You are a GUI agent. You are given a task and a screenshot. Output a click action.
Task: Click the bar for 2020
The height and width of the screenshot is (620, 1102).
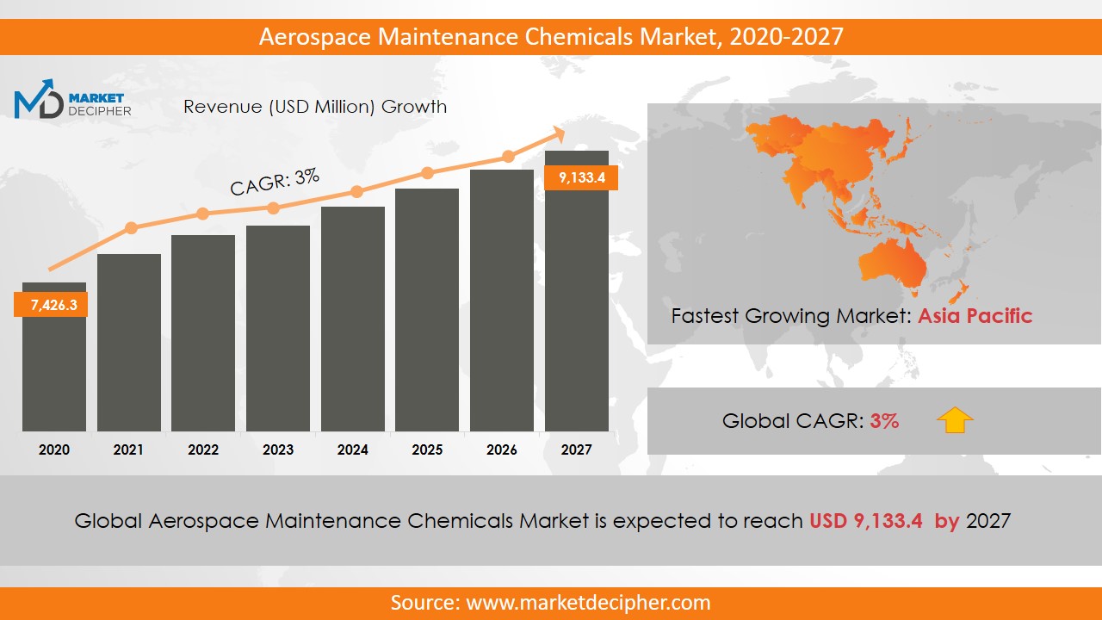[x=53, y=370]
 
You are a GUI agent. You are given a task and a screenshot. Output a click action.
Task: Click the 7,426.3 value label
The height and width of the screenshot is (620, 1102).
[x=51, y=305]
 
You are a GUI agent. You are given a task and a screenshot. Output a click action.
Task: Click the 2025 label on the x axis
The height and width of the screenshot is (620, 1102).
[x=427, y=449]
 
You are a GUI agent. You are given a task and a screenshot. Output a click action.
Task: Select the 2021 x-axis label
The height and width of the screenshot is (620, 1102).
[x=128, y=449]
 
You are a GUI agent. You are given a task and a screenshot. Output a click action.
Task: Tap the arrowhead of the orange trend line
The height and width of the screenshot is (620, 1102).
[x=557, y=133]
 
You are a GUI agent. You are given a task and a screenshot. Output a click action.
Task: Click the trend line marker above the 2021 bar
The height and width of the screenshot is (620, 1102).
[x=131, y=228]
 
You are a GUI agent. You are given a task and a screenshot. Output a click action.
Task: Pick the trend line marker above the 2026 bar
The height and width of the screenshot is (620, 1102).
[x=508, y=157]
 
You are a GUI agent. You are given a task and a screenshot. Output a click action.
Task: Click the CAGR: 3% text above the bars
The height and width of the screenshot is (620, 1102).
[x=275, y=182]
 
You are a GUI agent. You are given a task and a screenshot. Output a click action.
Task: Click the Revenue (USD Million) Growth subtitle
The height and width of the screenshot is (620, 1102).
[x=315, y=107]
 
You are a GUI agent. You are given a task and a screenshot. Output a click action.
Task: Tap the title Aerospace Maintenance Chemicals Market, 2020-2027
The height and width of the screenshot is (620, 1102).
[x=551, y=37]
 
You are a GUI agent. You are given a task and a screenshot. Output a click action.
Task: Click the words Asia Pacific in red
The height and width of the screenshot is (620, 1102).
[x=975, y=316]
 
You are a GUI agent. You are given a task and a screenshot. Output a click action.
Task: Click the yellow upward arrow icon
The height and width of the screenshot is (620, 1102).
[x=955, y=420]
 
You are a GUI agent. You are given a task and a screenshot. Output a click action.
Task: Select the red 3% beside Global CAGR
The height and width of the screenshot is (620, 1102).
[x=884, y=421]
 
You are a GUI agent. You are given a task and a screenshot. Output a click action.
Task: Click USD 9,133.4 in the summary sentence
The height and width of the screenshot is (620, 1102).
[x=865, y=521]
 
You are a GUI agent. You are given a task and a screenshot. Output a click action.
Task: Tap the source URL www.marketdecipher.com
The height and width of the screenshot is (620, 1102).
[x=588, y=602]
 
